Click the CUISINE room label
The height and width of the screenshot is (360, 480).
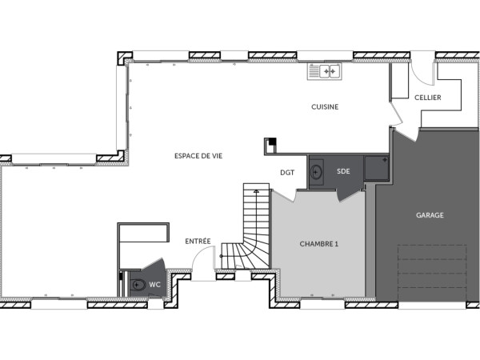325,106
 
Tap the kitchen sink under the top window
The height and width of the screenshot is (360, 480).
324,72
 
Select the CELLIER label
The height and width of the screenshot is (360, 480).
428,98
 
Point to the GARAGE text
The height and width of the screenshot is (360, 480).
430,215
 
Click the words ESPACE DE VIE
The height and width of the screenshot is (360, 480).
198,156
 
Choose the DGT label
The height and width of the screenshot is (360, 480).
286,171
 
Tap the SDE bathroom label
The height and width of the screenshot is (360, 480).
343,171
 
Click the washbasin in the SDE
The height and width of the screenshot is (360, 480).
316,171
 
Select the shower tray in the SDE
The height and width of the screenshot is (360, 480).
374,168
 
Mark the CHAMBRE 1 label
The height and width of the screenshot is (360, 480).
318,244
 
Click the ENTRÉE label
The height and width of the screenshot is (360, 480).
198,241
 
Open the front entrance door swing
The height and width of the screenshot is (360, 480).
204,260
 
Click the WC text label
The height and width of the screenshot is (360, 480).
156,284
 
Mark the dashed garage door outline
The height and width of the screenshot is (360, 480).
432,272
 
